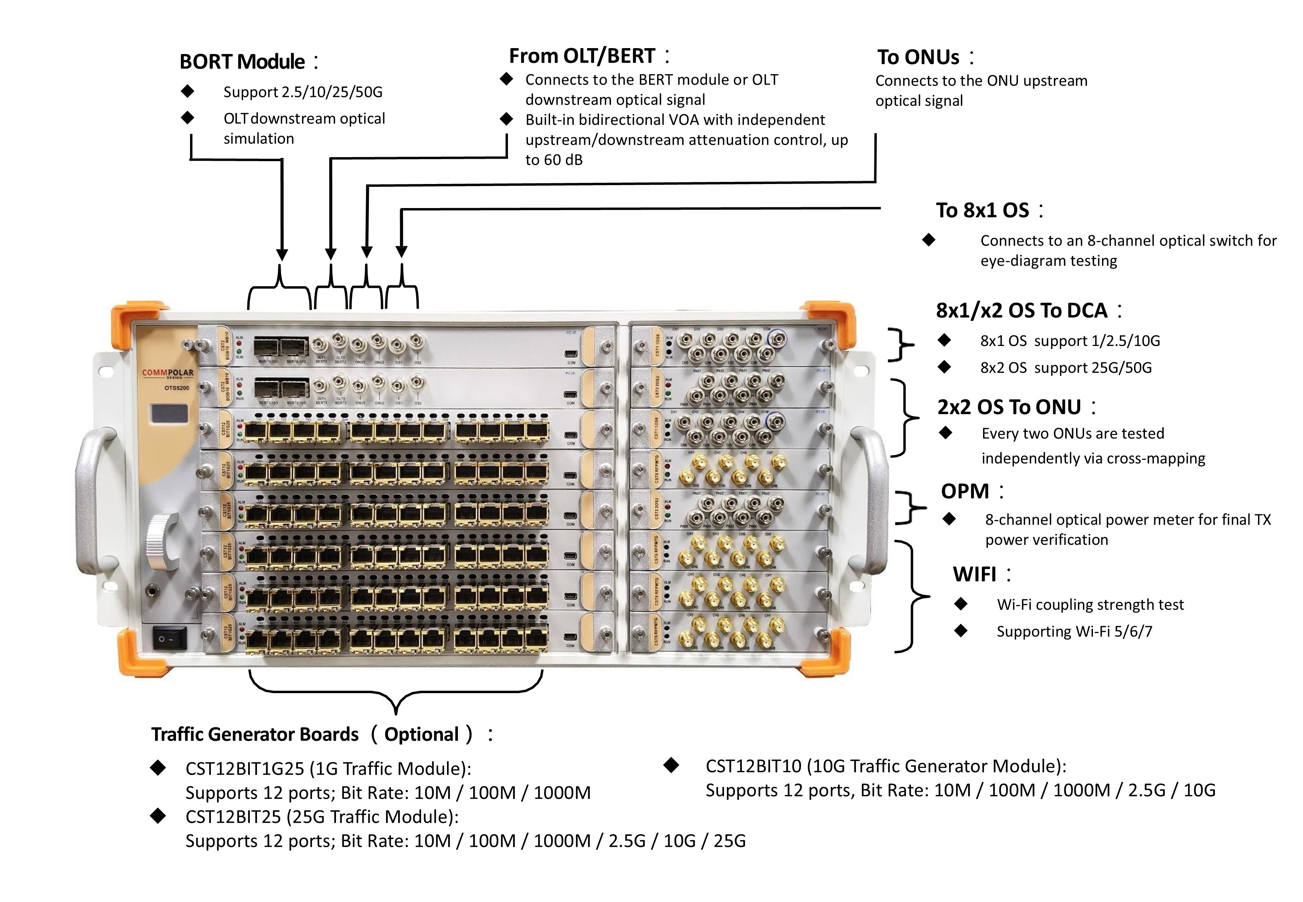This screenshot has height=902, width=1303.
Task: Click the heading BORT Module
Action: coord(243,62)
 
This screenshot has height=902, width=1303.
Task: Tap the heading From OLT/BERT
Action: coord(582,56)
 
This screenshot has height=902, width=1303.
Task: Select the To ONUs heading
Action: coord(918,57)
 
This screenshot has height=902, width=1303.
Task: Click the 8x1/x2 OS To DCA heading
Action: coord(1022,310)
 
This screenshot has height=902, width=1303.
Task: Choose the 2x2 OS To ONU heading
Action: coord(1009,407)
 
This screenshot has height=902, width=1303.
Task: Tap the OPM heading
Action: coord(965,491)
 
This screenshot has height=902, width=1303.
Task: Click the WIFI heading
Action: coord(975,574)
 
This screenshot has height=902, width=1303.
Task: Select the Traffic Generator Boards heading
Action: coord(255,734)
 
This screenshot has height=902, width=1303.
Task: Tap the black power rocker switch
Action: coord(169,639)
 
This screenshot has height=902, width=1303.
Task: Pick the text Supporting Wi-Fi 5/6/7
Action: coord(1074,631)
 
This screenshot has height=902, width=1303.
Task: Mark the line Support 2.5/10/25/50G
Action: coord(303,92)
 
